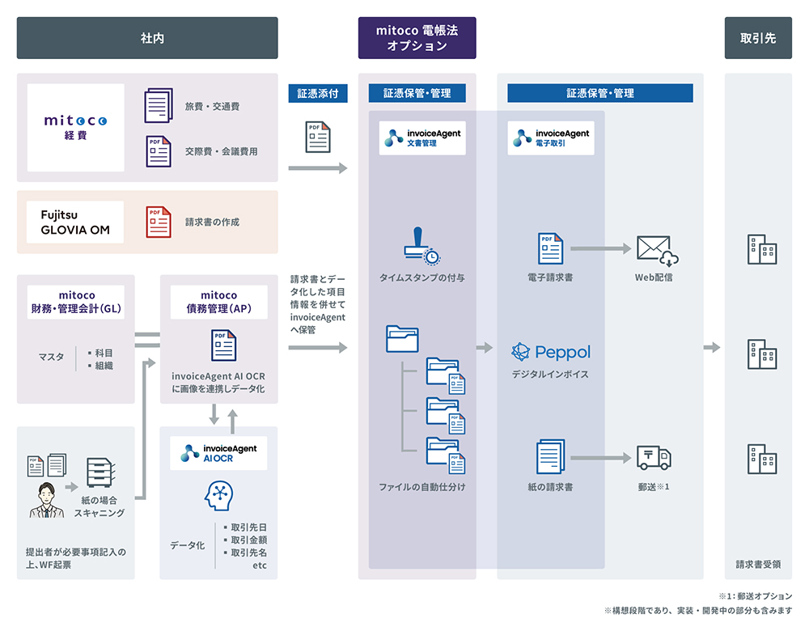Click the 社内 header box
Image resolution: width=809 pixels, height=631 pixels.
pyautogui.click(x=147, y=38)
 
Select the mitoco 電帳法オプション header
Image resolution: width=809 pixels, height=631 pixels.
pyautogui.click(x=417, y=38)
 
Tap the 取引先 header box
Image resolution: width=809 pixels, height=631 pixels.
pyautogui.click(x=758, y=38)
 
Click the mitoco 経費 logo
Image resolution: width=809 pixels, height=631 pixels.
pyautogui.click(x=75, y=127)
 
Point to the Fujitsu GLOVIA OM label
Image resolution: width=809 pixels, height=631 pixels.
pyautogui.click(x=75, y=222)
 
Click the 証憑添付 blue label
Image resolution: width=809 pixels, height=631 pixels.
pyautogui.click(x=318, y=93)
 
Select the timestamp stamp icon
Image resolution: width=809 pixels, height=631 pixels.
pyautogui.click(x=421, y=245)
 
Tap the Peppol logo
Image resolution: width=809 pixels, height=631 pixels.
pyautogui.click(x=551, y=352)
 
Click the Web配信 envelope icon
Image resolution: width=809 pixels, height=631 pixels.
pyautogui.click(x=656, y=250)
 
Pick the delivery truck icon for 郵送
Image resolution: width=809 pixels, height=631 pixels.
pyautogui.click(x=654, y=457)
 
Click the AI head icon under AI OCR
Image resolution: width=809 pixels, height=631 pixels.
pyautogui.click(x=218, y=495)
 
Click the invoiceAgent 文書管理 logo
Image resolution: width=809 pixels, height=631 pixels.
pyautogui.click(x=422, y=138)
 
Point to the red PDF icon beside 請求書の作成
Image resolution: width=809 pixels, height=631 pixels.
pyautogui.click(x=159, y=222)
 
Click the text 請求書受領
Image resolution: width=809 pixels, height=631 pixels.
pyautogui.click(x=758, y=565)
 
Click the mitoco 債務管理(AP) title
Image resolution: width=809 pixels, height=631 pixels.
pyautogui.click(x=218, y=302)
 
